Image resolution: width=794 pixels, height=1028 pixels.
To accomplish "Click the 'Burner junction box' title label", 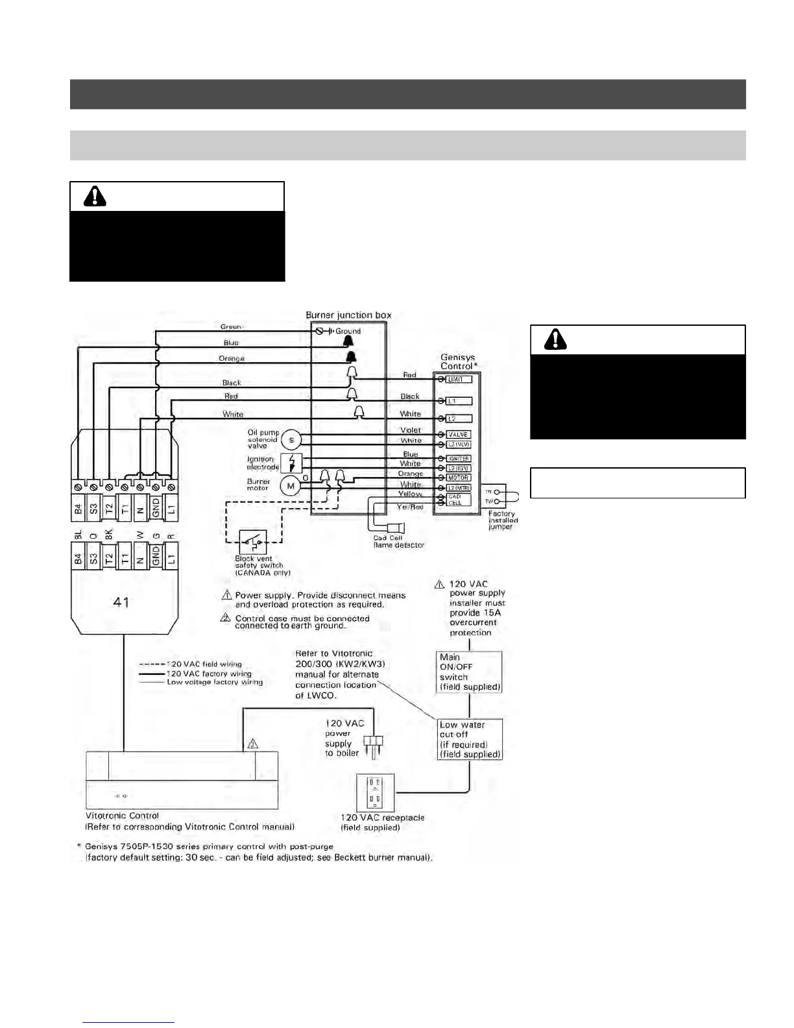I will point(348,315).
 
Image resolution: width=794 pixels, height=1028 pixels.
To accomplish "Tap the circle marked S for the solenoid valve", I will point(291,440).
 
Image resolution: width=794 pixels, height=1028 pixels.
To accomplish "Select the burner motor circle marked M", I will point(290,485).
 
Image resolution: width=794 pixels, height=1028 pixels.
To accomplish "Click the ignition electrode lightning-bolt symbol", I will point(292,463).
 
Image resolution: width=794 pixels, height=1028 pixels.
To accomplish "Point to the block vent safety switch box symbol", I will point(252,541).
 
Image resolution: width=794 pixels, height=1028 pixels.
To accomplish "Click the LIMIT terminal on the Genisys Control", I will point(459,379).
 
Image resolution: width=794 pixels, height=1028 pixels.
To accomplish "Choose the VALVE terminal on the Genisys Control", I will point(458,435).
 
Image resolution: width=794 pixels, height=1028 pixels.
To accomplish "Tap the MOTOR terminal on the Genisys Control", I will point(458,478).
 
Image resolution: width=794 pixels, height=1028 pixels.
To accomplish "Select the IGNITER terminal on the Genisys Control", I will point(458,459).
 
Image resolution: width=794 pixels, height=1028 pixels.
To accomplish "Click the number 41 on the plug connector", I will point(121,602).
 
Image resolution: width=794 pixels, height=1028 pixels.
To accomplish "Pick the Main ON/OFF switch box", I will point(470,672).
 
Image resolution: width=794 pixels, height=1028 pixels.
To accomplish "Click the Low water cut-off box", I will point(470,739).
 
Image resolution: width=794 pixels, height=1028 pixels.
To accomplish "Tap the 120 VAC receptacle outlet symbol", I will point(375,792).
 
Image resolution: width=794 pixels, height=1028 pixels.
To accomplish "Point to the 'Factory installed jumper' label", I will point(503,520).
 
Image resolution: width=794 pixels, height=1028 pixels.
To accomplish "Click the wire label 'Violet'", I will point(411,430).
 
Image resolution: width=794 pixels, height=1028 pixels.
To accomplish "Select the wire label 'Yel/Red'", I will point(410,507).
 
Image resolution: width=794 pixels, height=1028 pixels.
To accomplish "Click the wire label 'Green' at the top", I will point(230,327).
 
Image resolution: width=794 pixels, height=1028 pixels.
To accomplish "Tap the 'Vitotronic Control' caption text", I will point(122,816).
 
